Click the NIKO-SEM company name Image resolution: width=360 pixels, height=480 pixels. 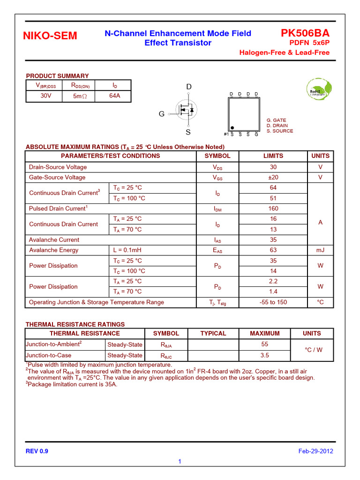(x=50, y=37)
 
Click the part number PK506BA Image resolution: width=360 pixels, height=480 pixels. (x=305, y=33)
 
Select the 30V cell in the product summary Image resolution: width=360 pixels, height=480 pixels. (x=42, y=96)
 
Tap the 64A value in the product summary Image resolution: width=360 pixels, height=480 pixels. (x=115, y=96)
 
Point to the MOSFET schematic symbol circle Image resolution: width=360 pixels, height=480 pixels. (x=187, y=110)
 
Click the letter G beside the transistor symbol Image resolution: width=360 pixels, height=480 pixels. (x=162, y=114)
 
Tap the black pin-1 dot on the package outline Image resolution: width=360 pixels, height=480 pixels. (x=232, y=127)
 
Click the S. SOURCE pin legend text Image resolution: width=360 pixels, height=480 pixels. (x=280, y=131)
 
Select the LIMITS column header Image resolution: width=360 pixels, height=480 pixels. (x=273, y=156)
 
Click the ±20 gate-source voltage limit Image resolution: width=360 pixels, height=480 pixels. (x=273, y=177)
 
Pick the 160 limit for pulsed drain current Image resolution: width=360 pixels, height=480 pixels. (x=273, y=209)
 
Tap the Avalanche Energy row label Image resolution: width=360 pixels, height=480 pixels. (x=54, y=250)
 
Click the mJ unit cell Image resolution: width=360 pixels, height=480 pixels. (x=320, y=250)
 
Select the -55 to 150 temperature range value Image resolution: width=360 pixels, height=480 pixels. (x=273, y=302)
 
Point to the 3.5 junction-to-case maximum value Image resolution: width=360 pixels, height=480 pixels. (x=264, y=355)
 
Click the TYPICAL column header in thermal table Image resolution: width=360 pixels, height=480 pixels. (x=213, y=334)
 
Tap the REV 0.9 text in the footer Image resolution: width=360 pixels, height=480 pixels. (x=37, y=451)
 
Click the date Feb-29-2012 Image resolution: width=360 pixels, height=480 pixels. (x=315, y=451)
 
